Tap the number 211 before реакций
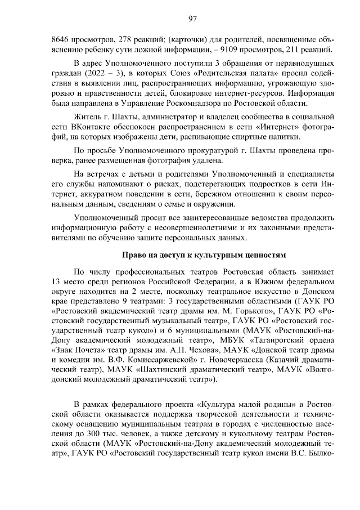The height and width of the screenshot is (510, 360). (x=295, y=51)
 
